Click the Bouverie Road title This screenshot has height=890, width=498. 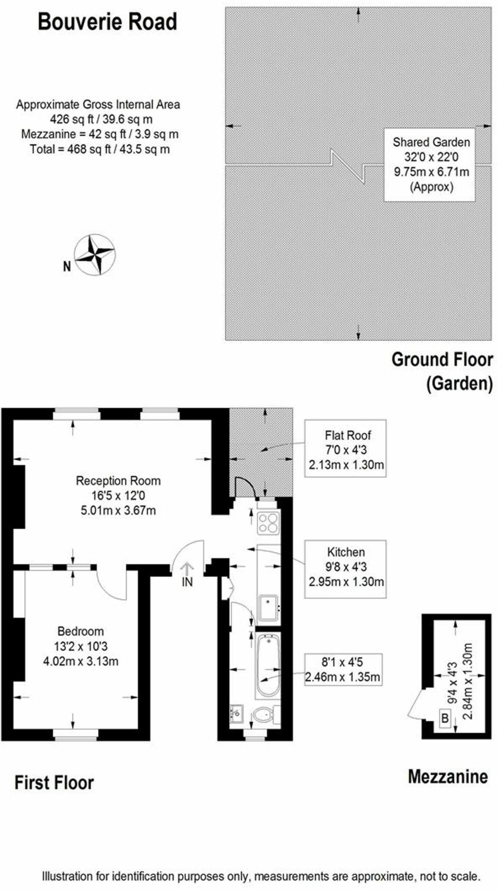[107, 22]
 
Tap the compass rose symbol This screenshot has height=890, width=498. [94, 255]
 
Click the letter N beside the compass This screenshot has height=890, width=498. [67, 266]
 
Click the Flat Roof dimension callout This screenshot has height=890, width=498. [346, 448]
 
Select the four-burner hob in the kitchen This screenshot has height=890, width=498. [268, 523]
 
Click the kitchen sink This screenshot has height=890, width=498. [269, 608]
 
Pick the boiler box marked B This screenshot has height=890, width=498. [445, 718]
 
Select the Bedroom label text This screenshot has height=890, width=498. [81, 631]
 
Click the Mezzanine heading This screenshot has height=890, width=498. [448, 777]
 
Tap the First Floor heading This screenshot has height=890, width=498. [54, 783]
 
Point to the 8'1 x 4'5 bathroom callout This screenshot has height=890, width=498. [343, 669]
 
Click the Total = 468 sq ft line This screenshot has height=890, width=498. [100, 149]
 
